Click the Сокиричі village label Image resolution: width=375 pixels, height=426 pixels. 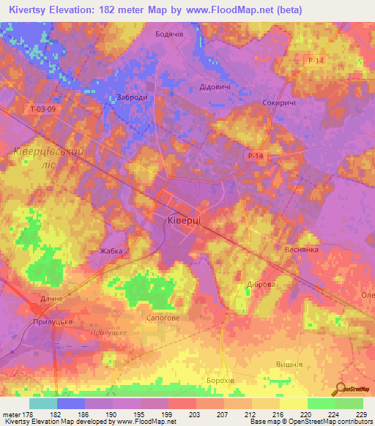click(279, 104)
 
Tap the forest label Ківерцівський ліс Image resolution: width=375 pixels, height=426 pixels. click(45, 157)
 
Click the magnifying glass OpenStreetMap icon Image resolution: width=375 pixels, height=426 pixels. click(340, 390)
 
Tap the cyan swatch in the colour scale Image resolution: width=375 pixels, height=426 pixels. click(42, 403)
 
